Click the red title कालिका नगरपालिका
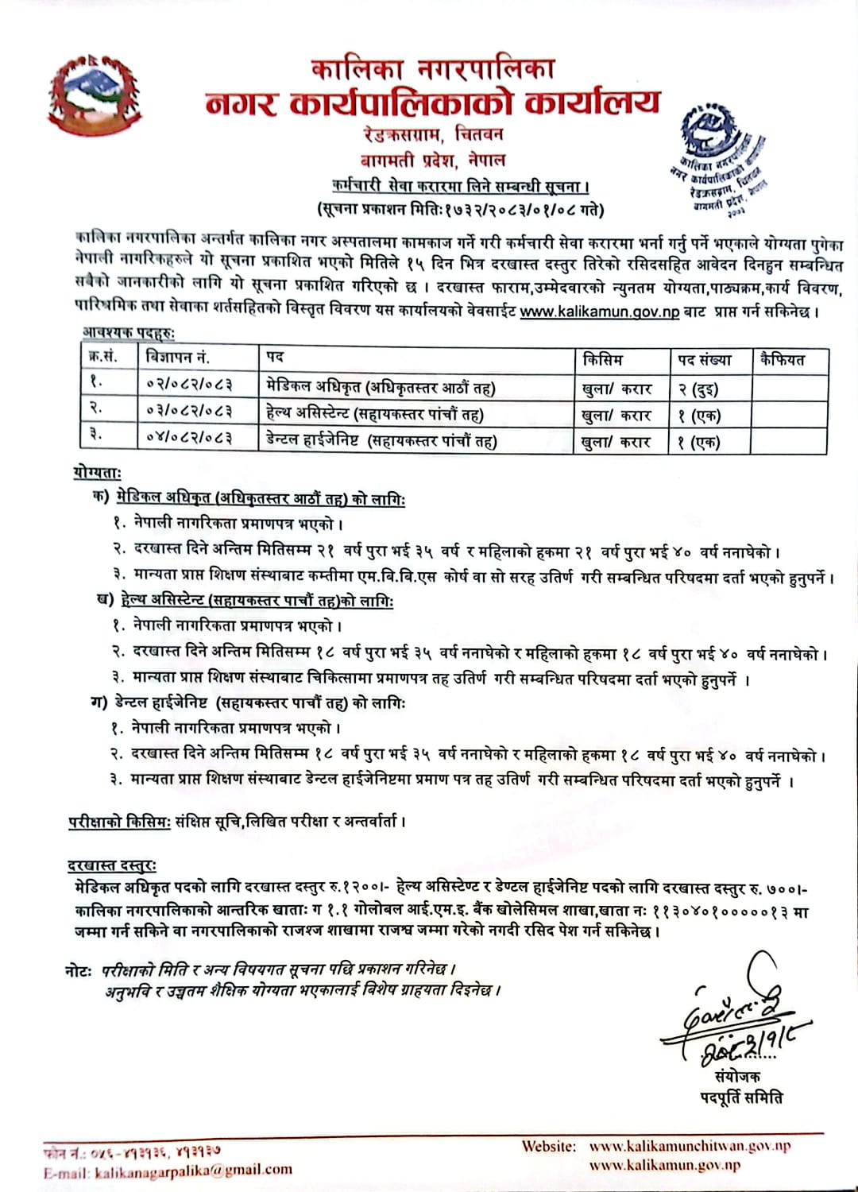433,70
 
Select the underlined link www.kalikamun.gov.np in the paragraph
599,311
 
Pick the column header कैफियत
782,359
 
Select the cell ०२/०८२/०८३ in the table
189,385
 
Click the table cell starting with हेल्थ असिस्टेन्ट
374,413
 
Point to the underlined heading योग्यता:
97,473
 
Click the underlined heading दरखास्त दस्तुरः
112,865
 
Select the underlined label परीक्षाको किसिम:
119,822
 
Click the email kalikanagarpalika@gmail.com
193,1170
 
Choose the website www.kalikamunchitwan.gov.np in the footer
690,1146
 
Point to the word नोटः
79,970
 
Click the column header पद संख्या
704,359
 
